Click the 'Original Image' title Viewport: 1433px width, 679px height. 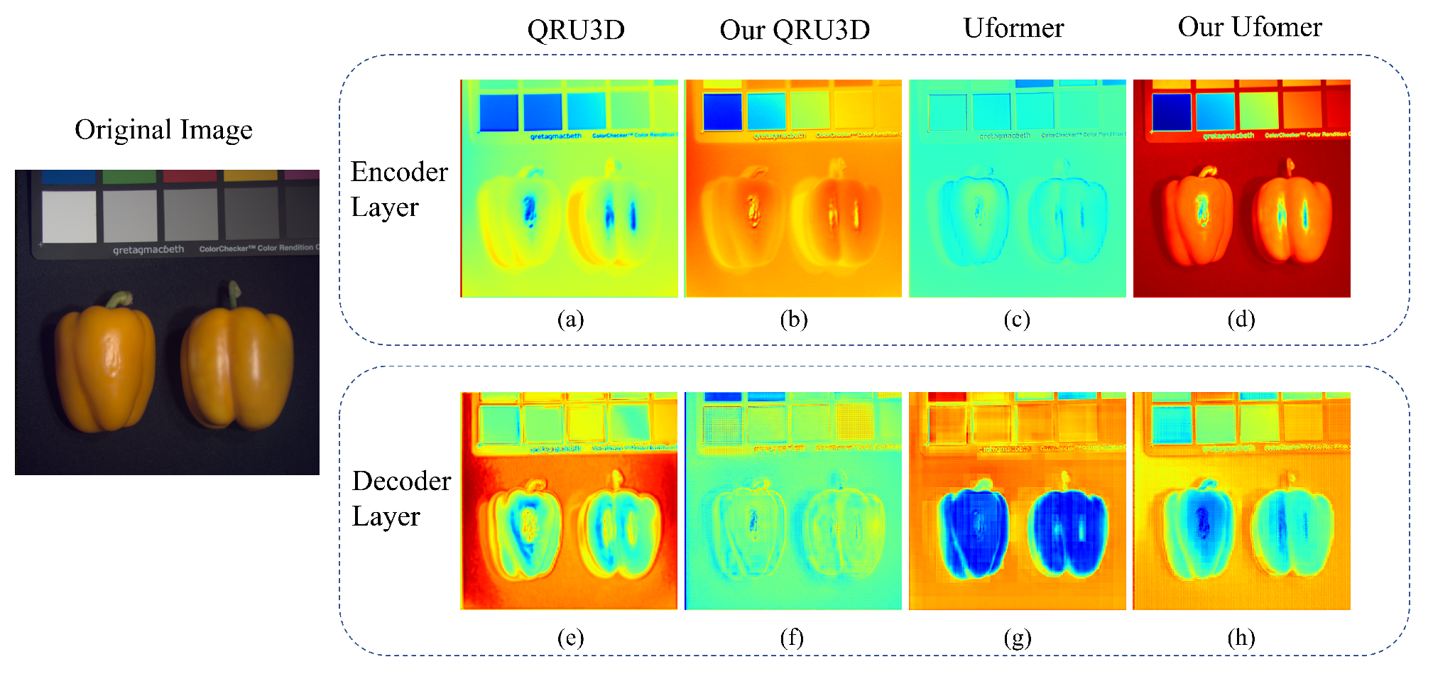(163, 130)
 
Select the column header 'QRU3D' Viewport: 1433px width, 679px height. (575, 30)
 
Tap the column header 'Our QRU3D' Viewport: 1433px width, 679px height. (794, 30)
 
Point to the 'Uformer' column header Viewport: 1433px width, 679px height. (1013, 28)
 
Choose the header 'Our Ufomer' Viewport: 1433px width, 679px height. (1249, 27)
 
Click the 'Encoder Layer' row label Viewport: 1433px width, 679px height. (399, 189)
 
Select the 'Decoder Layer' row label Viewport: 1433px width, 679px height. (401, 499)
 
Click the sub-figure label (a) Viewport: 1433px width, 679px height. (570, 320)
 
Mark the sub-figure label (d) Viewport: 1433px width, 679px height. (1241, 320)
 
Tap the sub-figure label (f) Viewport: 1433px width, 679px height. (792, 638)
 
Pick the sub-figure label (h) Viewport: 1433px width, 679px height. (1241, 638)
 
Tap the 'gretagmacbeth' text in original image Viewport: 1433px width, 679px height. (148, 249)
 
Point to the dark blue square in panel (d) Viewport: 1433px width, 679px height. (1171, 112)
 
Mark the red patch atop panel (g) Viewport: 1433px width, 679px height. (947, 396)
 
